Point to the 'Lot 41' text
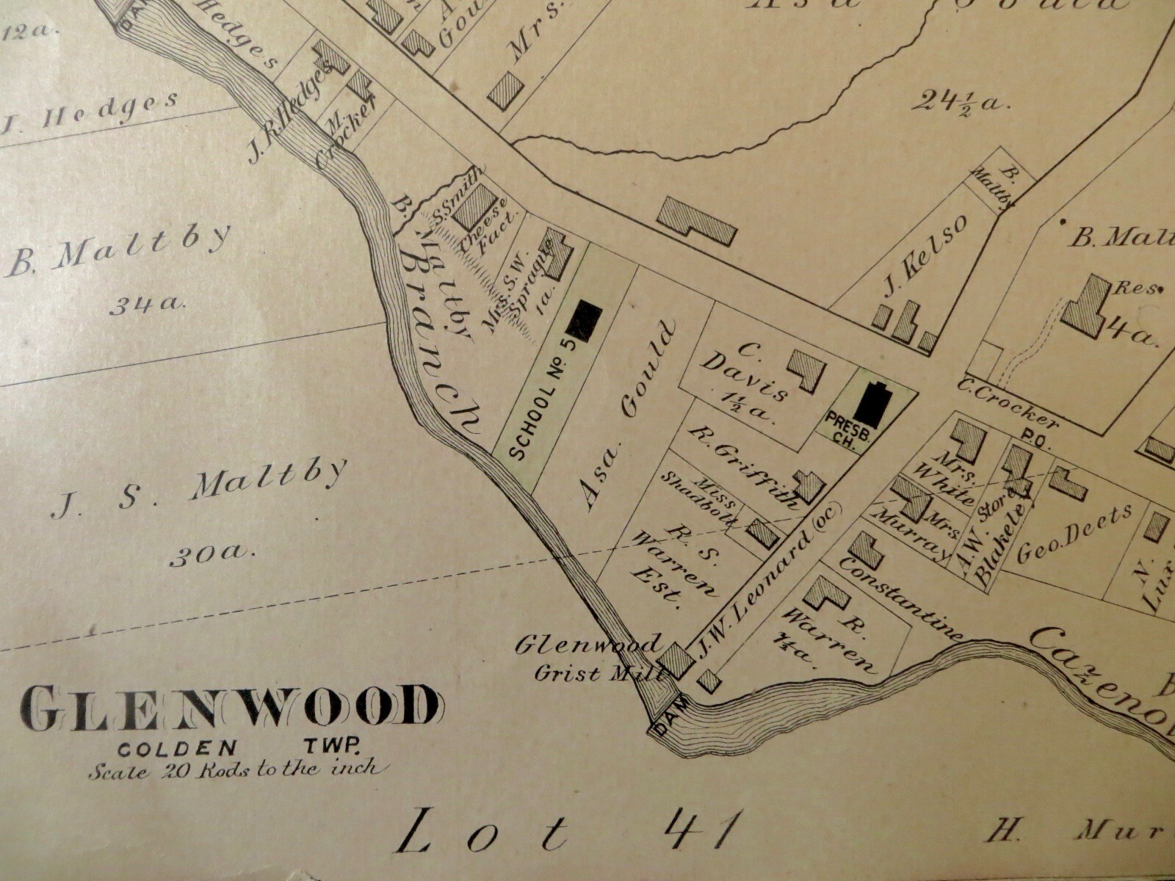pos(565,832)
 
